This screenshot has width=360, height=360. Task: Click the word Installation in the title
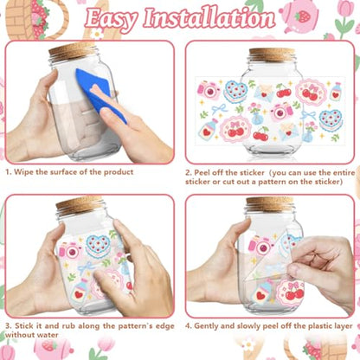209,18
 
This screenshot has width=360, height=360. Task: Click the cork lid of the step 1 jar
72,51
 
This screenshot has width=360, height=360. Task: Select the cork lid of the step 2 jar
272,55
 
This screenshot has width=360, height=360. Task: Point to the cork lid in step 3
80,204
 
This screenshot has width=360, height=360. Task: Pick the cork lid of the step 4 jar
270,204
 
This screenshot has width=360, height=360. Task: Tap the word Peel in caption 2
202,173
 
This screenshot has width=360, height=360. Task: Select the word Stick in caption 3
24,326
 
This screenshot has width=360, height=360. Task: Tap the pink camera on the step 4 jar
261,246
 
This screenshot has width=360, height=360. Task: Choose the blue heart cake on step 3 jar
98,246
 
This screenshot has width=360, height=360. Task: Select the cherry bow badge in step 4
291,292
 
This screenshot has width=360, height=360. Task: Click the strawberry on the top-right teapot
303,16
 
